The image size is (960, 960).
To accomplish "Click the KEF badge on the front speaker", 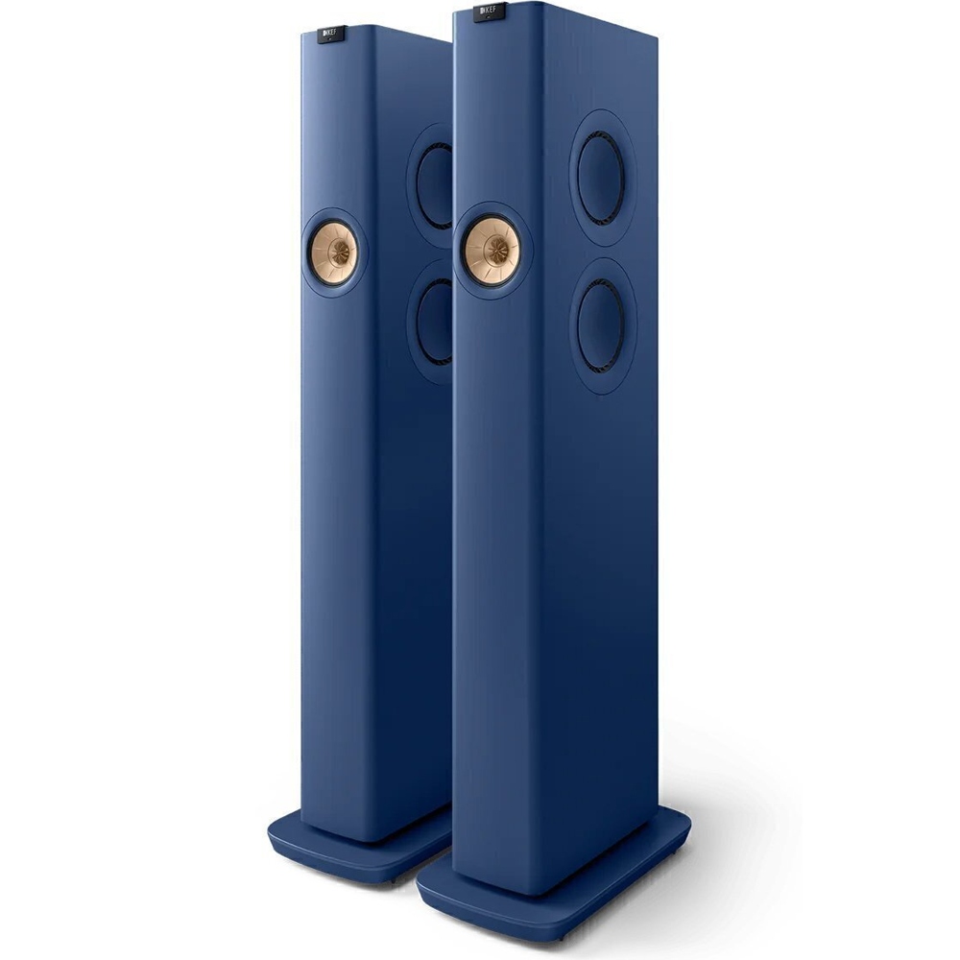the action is tap(490, 12).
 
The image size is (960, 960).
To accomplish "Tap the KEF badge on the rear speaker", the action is tap(332, 35).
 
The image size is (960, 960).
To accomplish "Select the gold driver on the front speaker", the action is tap(492, 251).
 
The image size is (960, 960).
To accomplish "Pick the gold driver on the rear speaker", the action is tap(334, 252).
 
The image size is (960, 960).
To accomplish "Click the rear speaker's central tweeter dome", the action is tap(339, 252).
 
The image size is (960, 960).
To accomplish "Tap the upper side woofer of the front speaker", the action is tap(602, 179).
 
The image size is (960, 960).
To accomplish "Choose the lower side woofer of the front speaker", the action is tap(602, 325).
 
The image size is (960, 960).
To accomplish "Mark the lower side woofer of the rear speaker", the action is tap(435, 322).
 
